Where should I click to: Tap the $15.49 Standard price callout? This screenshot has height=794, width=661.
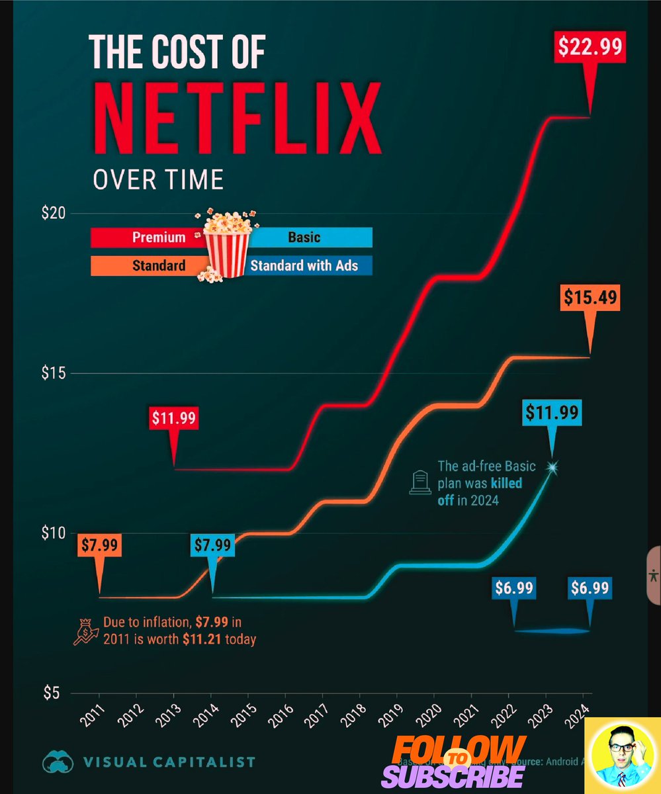[590, 298]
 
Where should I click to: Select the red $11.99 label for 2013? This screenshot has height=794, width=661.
[174, 418]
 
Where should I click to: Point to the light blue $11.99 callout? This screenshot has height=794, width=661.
[552, 413]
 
